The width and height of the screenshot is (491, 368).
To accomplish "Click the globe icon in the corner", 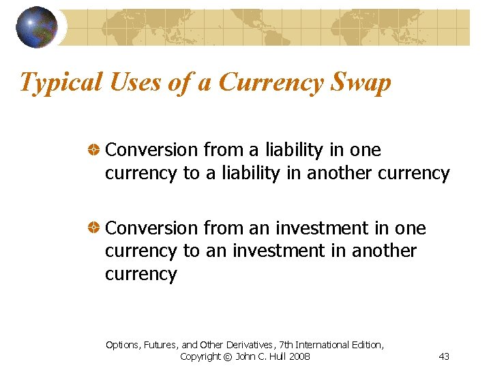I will point(36,27).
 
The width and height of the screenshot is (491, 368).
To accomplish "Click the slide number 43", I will point(444,356).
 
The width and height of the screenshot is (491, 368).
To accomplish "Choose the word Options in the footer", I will point(121,345).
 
